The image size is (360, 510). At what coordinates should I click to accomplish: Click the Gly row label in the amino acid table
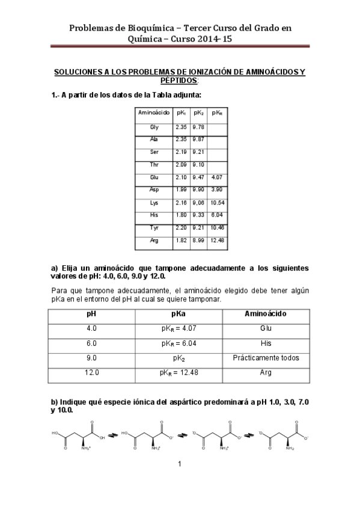tap(154, 127)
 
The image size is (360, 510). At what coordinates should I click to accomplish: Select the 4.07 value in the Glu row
tap(218, 177)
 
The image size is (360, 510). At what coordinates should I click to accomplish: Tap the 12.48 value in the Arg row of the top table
tap(218, 241)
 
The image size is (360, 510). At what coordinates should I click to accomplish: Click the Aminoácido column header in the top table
tap(154, 112)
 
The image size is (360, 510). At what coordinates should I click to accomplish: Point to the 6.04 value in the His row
tap(218, 215)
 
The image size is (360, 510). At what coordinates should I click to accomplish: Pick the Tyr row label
tap(154, 228)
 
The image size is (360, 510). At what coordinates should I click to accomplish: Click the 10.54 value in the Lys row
tap(218, 203)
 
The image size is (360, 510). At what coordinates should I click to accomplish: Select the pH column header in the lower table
tap(91, 314)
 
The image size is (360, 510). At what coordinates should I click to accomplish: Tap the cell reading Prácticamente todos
tap(266, 358)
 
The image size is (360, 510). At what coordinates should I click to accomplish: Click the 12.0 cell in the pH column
tap(91, 373)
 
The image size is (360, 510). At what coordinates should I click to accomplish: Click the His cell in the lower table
tap(266, 343)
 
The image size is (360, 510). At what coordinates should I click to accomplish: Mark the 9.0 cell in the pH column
tap(91, 358)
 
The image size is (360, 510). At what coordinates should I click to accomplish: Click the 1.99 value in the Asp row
tap(181, 190)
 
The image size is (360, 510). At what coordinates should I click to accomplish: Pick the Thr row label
tap(154, 165)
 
